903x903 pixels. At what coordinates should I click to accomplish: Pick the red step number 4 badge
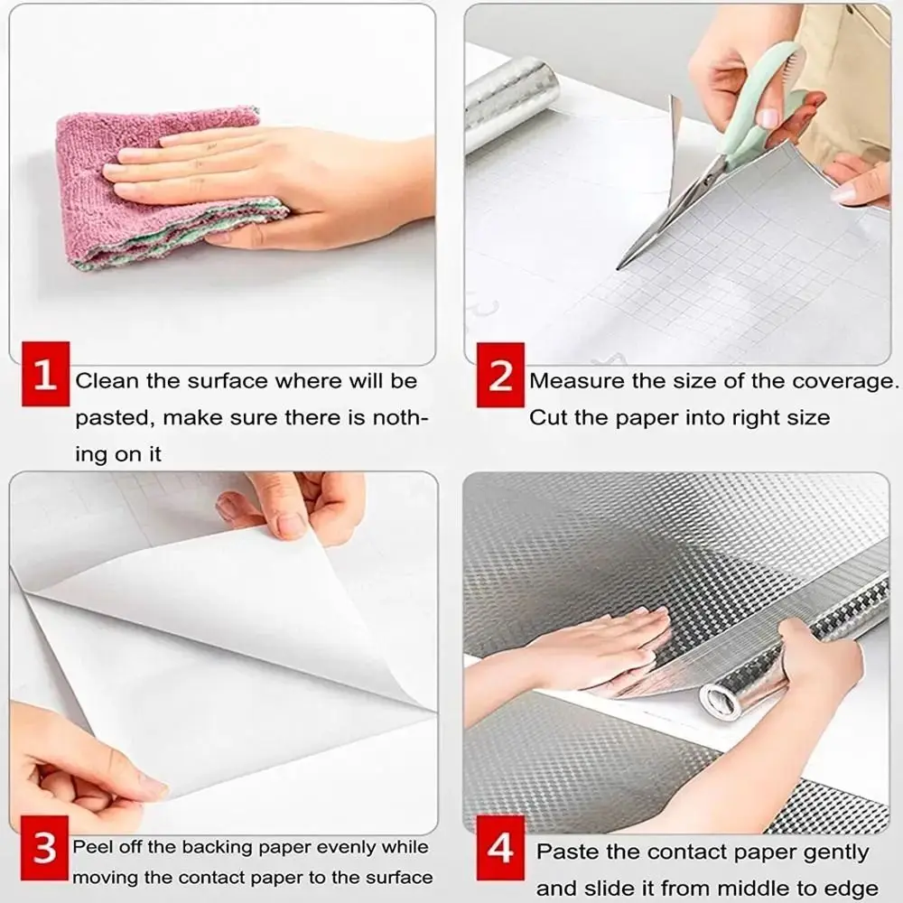(499, 850)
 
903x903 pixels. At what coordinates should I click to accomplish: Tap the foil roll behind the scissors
(510, 99)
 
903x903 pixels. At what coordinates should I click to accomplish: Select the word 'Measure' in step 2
(576, 381)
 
